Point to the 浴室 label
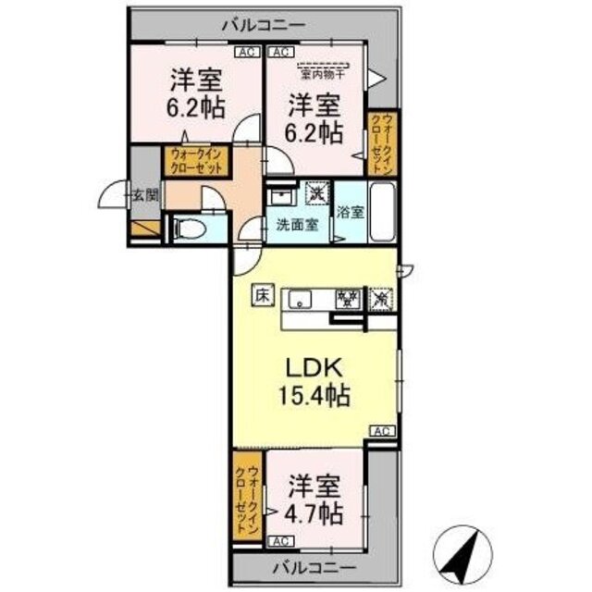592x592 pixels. [x=351, y=212]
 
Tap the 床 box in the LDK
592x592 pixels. [x=262, y=297]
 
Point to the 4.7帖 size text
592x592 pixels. [x=316, y=512]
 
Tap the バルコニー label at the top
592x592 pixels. [x=263, y=26]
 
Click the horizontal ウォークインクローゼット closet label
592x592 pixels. [x=195, y=163]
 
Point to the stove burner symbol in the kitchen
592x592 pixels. [x=348, y=299]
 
